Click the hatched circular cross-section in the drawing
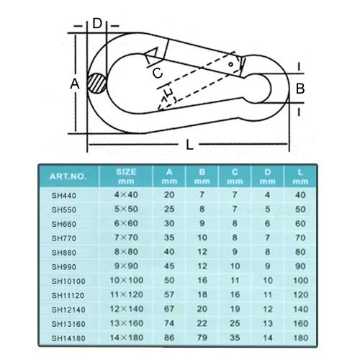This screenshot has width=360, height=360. click(96, 84)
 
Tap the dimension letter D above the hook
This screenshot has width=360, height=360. click(97, 24)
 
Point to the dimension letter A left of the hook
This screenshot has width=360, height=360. click(75, 84)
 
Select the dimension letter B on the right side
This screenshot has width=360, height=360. click(300, 89)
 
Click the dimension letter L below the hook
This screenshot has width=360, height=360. click(189, 145)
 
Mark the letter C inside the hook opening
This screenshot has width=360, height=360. click(158, 73)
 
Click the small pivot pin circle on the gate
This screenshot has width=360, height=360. click(231, 64)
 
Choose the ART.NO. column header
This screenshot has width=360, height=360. click(68, 176)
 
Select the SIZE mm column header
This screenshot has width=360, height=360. click(126, 176)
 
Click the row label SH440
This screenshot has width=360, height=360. click(64, 195)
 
